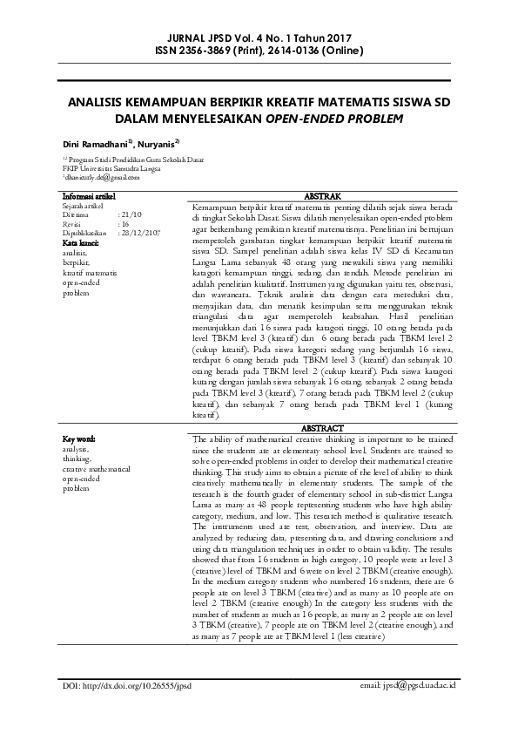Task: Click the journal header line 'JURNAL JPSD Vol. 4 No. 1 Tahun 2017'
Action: pyautogui.click(x=259, y=38)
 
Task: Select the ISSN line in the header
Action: pyautogui.click(x=259, y=51)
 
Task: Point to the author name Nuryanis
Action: pyautogui.click(x=158, y=142)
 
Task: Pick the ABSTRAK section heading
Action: pyautogui.click(x=327, y=197)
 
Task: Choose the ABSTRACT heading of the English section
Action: pyautogui.click(x=327, y=430)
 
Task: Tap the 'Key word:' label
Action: pyautogui.click(x=80, y=438)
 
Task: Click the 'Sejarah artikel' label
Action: pyautogui.click(x=88, y=206)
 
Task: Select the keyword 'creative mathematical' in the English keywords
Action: pyautogui.click(x=96, y=468)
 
